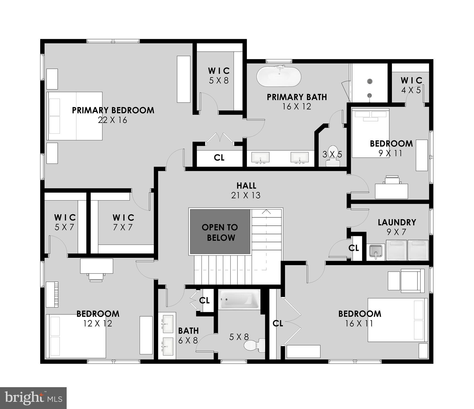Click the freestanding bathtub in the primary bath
279,76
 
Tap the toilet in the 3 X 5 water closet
332,156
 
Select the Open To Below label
220,232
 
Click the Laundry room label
397,222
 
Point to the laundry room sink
376,252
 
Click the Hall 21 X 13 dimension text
246,195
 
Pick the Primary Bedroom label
113,110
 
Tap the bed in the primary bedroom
75,116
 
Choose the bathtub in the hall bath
239,299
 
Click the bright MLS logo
33,398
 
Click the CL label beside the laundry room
354,248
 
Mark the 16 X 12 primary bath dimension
297,107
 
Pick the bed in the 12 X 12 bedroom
76,336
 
